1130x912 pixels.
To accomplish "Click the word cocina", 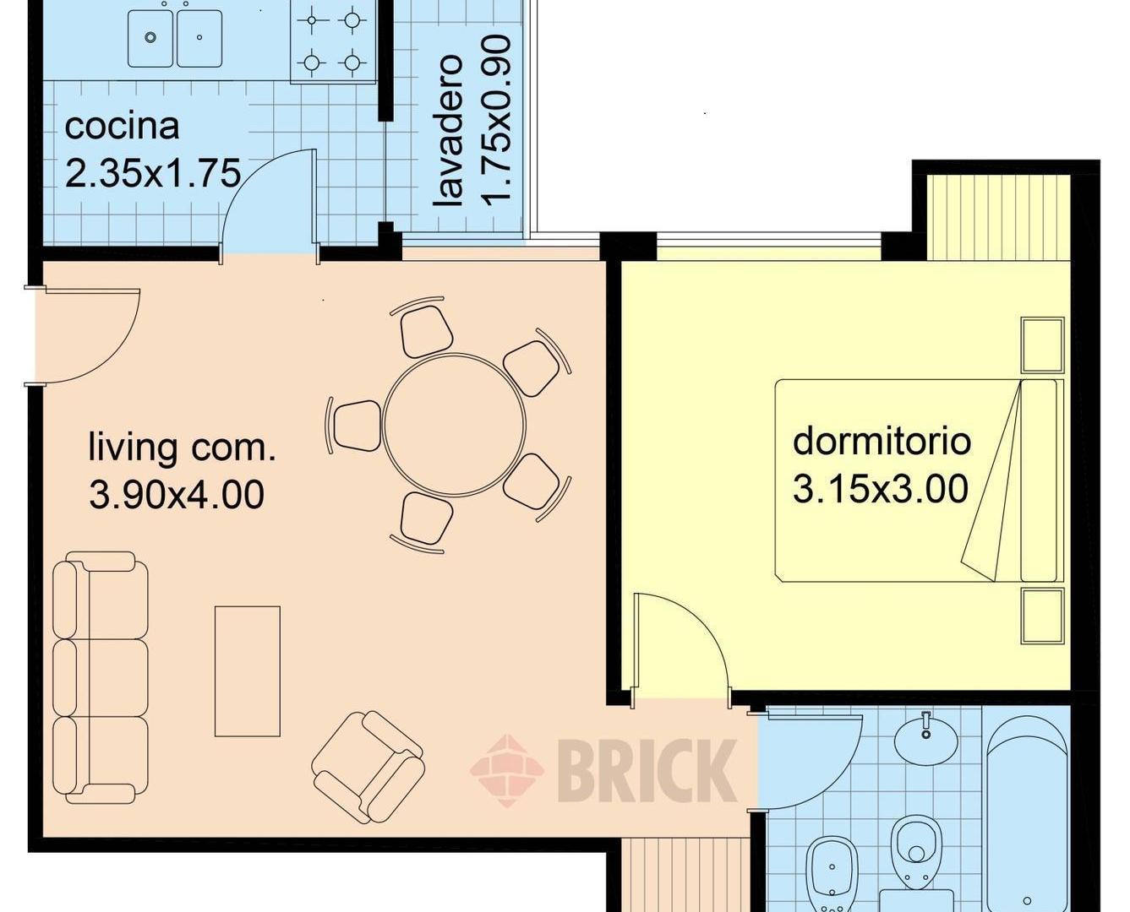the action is [122, 128].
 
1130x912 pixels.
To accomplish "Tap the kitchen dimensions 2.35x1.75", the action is [153, 173].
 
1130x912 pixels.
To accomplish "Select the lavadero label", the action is [448, 131].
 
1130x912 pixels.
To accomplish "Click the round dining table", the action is [454, 425].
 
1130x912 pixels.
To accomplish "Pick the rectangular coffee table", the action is [248, 671].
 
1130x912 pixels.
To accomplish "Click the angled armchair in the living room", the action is [368, 767].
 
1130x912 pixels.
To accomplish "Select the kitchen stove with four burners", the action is [333, 41].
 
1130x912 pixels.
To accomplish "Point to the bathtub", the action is [1027, 819].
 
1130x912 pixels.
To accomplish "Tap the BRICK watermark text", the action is [647, 770].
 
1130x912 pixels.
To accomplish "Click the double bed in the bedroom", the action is [920, 480].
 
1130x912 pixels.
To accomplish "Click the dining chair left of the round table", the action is [357, 426].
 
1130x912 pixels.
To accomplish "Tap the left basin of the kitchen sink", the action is [150, 38].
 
